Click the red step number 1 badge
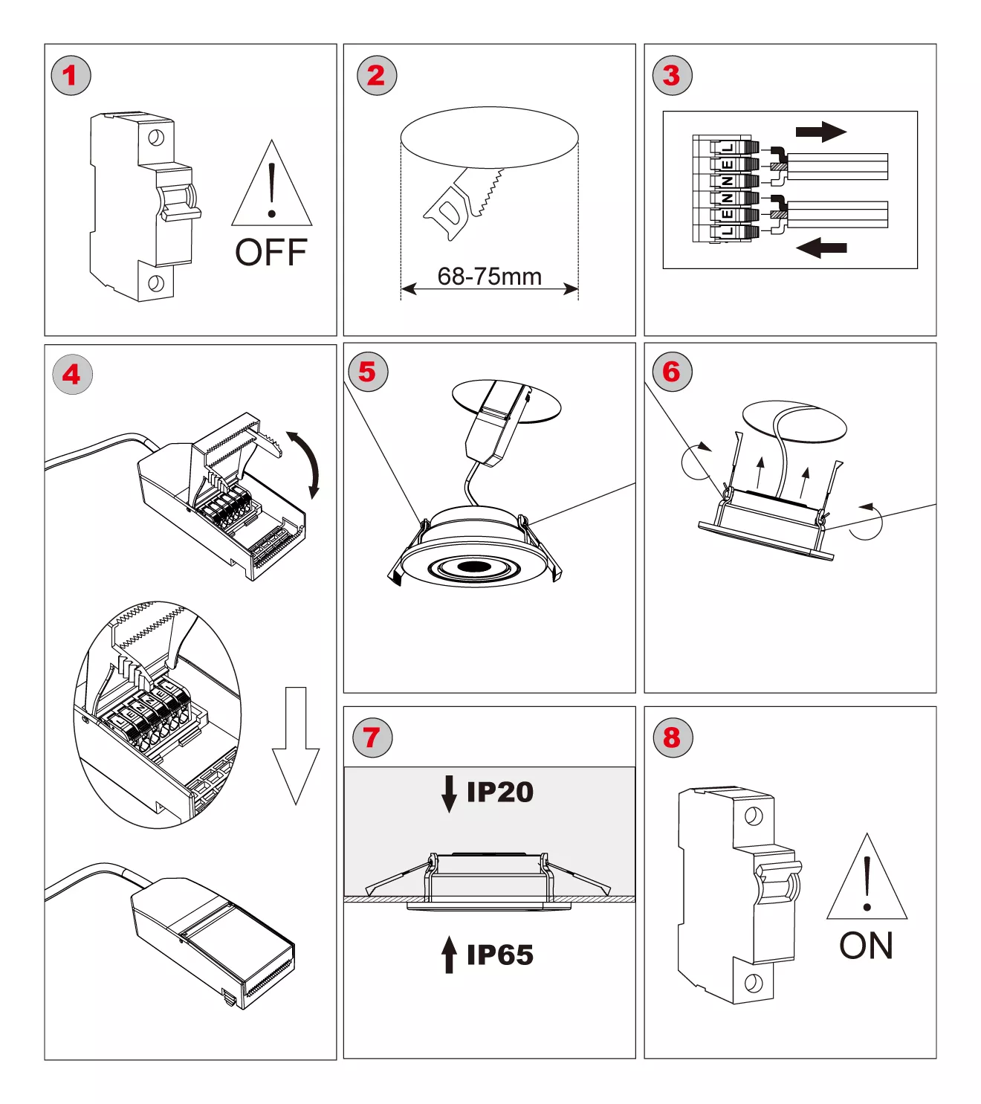click(x=71, y=75)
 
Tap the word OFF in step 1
click(x=271, y=253)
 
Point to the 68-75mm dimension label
click(x=489, y=277)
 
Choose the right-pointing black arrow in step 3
click(x=820, y=132)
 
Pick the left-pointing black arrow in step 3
click(x=821, y=247)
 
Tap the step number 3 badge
click(x=672, y=75)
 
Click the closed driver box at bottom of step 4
click(x=213, y=940)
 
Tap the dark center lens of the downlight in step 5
click(x=473, y=568)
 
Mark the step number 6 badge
click(x=672, y=372)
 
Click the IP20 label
click(x=499, y=793)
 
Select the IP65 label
click(x=499, y=955)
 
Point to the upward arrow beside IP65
click(x=449, y=954)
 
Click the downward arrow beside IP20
click(x=449, y=793)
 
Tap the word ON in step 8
click(x=866, y=946)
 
